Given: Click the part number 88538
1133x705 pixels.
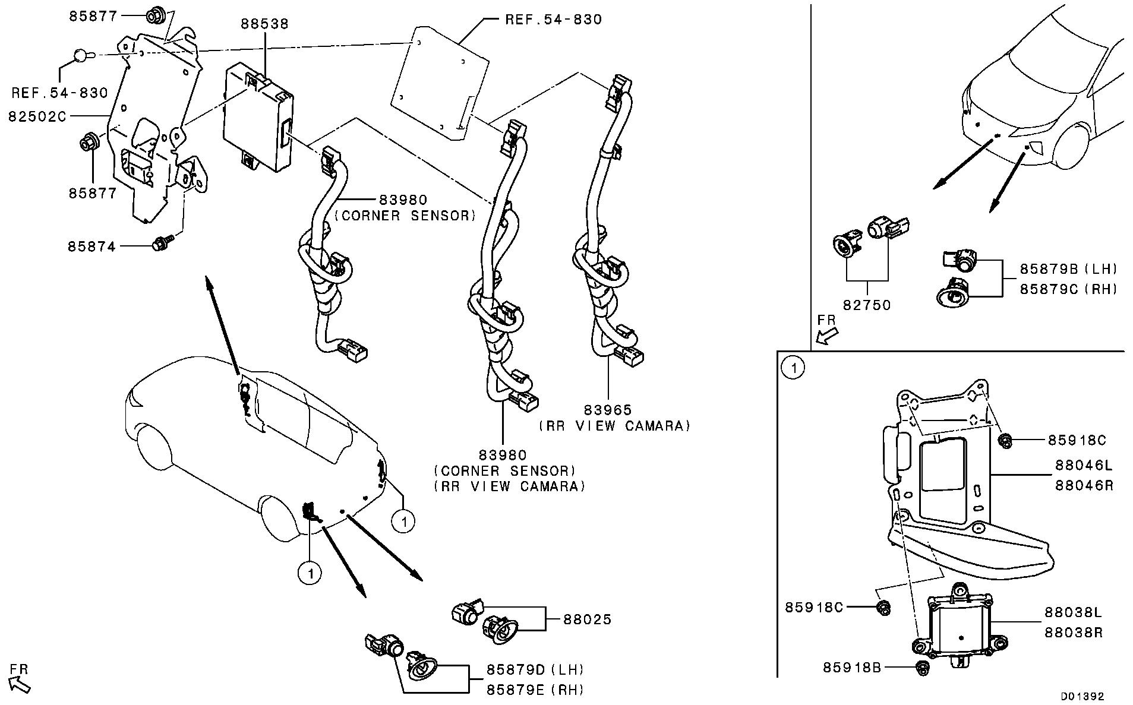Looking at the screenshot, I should pyautogui.click(x=264, y=24).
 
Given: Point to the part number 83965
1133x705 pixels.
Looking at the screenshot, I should pyautogui.click(x=607, y=410).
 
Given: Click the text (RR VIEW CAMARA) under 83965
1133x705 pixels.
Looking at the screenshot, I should pyautogui.click(x=615, y=426).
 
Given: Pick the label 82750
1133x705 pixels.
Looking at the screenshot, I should pyautogui.click(x=867, y=305).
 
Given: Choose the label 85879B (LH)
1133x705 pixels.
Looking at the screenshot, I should pyautogui.click(x=1068, y=269).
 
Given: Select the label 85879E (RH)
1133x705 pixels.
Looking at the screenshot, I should pyautogui.click(x=535, y=690).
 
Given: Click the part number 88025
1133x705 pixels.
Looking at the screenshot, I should pyautogui.click(x=587, y=619).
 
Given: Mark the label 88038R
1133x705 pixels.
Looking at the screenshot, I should pyautogui.click(x=1073, y=633).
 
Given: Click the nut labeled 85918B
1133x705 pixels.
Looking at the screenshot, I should pyautogui.click(x=922, y=668).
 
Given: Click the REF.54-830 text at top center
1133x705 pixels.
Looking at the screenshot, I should pyautogui.click(x=553, y=20).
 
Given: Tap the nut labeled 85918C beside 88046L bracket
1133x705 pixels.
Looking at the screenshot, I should pyautogui.click(x=1006, y=440).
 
